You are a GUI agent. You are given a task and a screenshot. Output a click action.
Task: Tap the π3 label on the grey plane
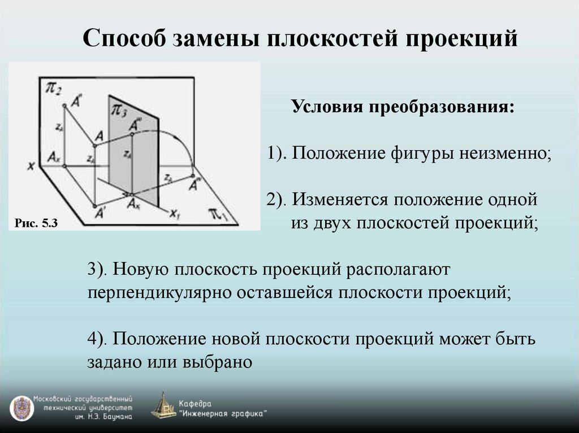[120, 109]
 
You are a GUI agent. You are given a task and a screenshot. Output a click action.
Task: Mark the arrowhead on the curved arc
[193, 169]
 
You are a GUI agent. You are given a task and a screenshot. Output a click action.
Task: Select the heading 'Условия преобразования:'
[403, 107]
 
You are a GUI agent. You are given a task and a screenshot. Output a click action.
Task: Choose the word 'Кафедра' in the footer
[195, 403]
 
